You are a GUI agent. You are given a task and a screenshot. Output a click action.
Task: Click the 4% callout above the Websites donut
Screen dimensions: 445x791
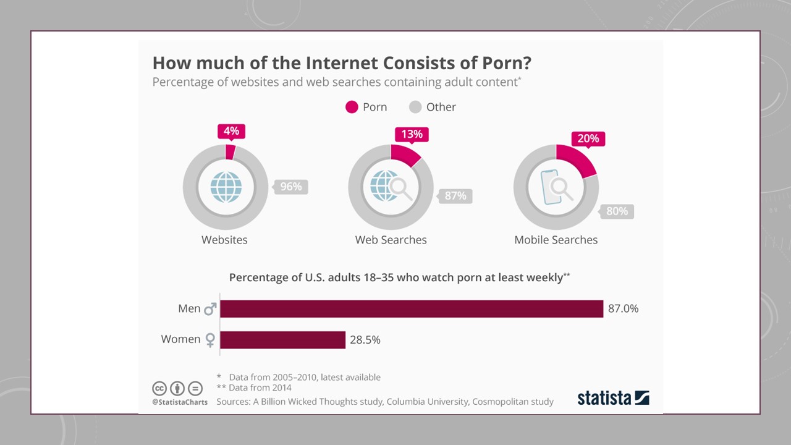point(232,131)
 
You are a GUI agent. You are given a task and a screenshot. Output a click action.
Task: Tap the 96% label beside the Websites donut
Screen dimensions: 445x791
point(291,186)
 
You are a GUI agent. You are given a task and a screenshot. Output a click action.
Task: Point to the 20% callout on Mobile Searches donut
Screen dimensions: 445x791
point(588,138)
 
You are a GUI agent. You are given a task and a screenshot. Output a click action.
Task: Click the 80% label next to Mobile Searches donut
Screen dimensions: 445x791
point(617,211)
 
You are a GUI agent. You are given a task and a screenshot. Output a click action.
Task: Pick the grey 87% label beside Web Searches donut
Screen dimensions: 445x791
point(455,196)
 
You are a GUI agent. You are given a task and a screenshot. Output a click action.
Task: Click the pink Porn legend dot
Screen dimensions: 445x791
point(352,107)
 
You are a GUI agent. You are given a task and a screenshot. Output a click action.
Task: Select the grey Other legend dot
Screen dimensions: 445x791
point(415,107)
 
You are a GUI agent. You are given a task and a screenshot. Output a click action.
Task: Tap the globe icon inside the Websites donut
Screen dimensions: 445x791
point(226,186)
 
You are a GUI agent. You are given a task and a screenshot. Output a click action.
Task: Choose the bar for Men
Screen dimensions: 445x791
point(412,308)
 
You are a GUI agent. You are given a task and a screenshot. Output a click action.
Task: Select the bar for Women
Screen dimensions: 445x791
point(282,339)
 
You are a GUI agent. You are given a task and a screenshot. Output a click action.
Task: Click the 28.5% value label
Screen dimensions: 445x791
point(365,339)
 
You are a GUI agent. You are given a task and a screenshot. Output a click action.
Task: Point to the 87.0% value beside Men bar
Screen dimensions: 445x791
point(623,308)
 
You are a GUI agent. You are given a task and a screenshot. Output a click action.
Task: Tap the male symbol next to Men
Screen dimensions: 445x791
point(210,308)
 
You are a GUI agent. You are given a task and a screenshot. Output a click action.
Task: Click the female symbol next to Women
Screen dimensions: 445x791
point(210,340)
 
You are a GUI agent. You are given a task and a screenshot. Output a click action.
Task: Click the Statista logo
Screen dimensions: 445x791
point(613,397)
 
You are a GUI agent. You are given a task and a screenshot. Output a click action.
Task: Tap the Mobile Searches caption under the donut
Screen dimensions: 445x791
point(556,240)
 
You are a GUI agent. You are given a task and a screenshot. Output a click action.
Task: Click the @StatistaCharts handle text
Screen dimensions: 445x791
point(180,402)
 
